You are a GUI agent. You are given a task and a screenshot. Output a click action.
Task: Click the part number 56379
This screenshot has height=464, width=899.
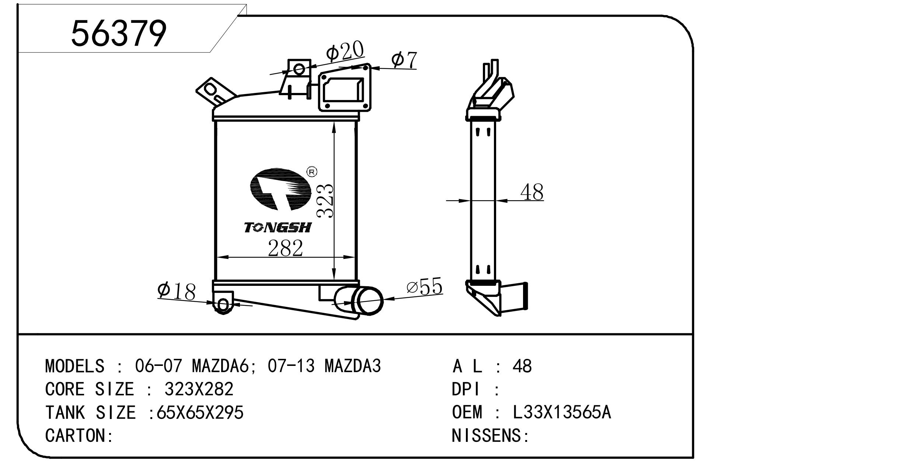pos(119,34)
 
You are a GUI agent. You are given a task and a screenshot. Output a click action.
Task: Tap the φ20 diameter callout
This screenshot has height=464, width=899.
pos(345,52)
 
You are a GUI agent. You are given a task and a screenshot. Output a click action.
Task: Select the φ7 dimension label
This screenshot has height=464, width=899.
pos(404,60)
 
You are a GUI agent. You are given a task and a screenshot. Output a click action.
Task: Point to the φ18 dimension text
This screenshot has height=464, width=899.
pos(176,292)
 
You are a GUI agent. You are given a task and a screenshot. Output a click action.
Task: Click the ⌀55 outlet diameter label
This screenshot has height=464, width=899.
pos(424,287)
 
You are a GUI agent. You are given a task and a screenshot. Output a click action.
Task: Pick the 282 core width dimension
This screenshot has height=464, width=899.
pos(285,248)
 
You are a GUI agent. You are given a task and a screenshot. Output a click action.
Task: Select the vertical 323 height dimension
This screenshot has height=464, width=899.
pos(325,201)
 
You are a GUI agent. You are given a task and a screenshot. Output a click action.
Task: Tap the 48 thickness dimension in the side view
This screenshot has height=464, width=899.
pos(532,192)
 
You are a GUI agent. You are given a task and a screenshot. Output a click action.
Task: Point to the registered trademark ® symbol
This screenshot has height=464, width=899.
pos(312,172)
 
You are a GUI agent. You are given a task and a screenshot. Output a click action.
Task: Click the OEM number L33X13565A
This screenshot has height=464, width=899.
pos(562,412)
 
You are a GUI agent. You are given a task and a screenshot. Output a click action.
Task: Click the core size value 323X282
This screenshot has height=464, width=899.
pos(199,389)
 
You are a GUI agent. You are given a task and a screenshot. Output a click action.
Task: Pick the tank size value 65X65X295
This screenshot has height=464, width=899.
pos(200,412)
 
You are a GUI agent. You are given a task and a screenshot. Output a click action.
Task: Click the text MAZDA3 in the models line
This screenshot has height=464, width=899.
pos(352,366)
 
